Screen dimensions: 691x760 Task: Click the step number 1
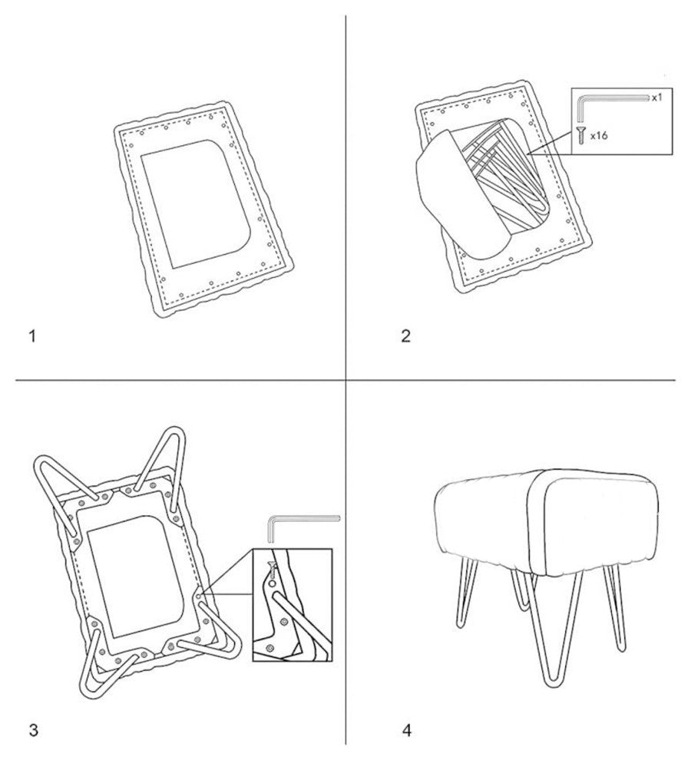click(32, 336)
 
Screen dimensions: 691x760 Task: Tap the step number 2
click(406, 336)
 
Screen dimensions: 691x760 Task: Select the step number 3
click(34, 716)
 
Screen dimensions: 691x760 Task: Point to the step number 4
click(407, 716)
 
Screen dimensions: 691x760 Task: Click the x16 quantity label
click(599, 136)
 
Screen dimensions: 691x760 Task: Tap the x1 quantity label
click(656, 98)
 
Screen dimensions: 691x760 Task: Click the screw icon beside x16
click(580, 135)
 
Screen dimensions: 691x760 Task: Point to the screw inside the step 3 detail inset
click(272, 569)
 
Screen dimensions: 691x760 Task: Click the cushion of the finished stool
click(546, 519)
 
